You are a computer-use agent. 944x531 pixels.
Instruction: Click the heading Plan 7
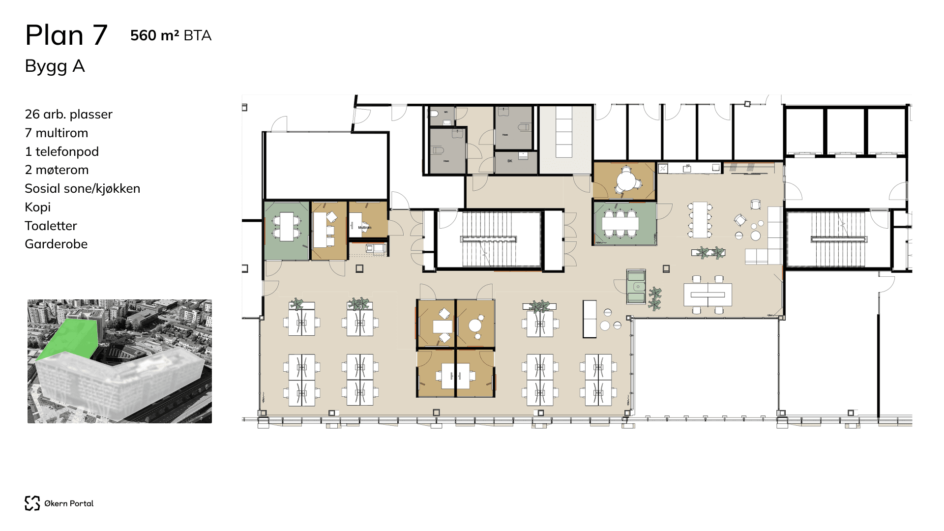(66, 35)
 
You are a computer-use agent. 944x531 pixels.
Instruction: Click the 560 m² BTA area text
(171, 35)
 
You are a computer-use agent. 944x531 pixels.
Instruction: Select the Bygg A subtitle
(55, 66)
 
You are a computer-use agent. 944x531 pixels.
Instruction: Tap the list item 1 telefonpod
(61, 151)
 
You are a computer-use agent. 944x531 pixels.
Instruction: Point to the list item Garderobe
(56, 244)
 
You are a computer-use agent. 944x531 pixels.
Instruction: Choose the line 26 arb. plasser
(68, 114)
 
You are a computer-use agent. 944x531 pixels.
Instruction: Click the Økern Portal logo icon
(32, 503)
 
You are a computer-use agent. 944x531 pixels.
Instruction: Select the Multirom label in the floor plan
(365, 228)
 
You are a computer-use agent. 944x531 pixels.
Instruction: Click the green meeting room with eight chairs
(624, 224)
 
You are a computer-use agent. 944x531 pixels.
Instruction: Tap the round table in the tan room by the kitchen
(626, 181)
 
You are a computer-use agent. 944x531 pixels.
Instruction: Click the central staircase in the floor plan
(489, 239)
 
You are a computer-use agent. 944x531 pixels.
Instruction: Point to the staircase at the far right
(838, 239)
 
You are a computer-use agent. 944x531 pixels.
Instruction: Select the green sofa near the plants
(636, 287)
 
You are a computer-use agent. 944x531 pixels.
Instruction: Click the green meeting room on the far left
(287, 230)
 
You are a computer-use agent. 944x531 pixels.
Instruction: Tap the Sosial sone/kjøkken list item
(82, 188)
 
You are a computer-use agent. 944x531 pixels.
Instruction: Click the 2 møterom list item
(57, 170)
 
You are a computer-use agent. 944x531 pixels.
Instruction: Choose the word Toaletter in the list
(51, 226)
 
